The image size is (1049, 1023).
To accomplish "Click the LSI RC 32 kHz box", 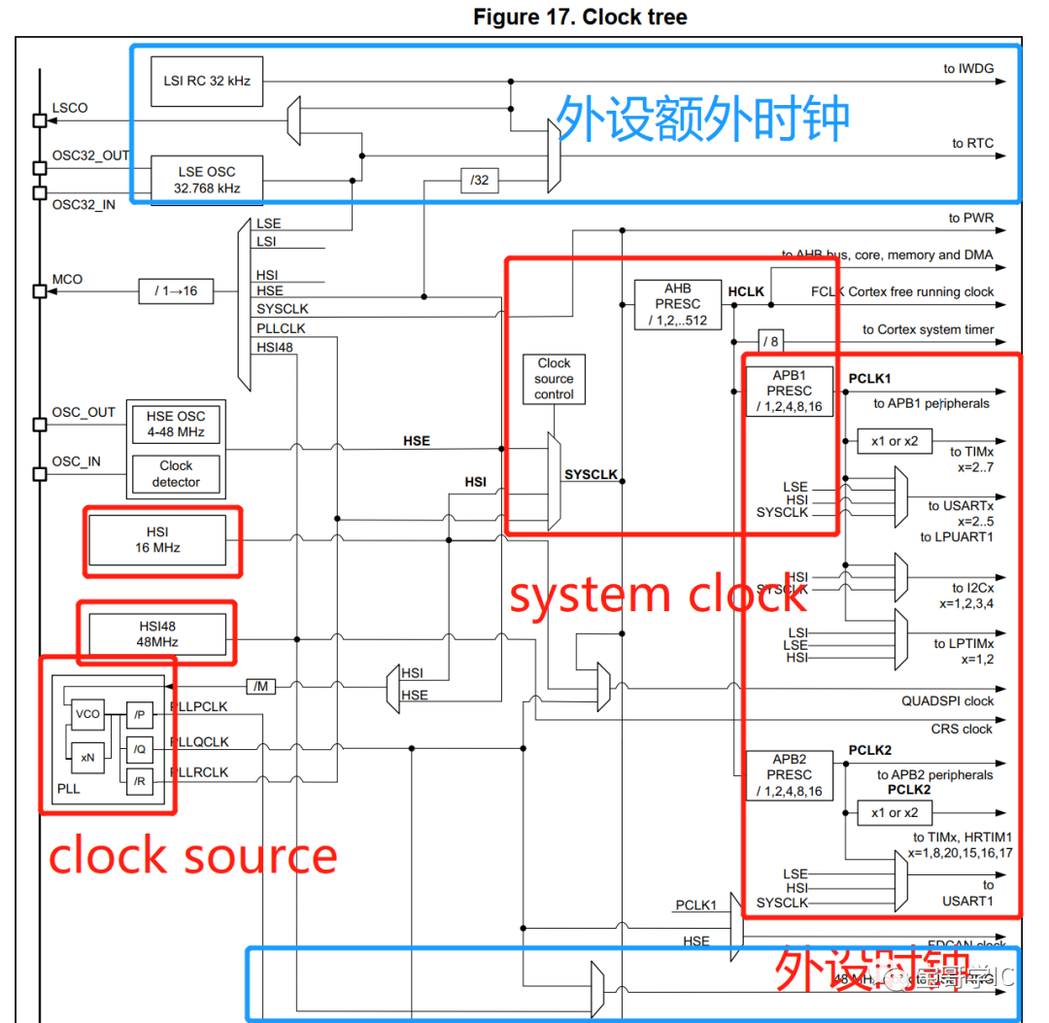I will pos(207,81).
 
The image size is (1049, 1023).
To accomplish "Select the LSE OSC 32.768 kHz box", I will pos(207,180).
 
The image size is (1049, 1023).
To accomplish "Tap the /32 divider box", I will pos(480,180).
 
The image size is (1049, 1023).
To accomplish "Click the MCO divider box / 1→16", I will pos(183,290).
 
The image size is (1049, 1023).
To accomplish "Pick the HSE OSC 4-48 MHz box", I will pos(176,425).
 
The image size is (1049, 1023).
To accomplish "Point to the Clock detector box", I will pos(176,474).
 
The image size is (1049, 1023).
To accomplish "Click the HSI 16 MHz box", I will pos(157,539).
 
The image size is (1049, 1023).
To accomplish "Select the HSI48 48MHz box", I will pos(157,633).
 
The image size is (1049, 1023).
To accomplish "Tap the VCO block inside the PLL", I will pos(87,714).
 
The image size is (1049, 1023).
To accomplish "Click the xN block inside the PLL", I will pos(87,757).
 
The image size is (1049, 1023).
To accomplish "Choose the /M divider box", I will pos(260,687).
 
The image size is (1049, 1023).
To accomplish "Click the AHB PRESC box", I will pos(678,305).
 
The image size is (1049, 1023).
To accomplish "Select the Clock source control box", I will pos(554,379).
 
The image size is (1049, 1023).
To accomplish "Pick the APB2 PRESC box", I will pos(789,775).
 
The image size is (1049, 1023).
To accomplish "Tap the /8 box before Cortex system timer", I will pos(770,341).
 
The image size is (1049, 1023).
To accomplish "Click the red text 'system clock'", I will pos(658,595).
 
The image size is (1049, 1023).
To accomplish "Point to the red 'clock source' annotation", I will pos(192,856).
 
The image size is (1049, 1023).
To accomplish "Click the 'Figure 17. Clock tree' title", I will pos(580,17).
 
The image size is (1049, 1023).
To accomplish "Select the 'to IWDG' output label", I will pos(968,68).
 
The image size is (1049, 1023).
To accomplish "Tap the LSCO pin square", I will pos(40,120).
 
